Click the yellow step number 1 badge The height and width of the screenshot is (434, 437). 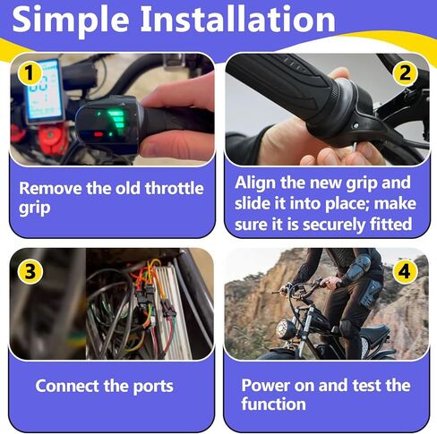point(29,71)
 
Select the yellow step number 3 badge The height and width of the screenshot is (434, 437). point(29,268)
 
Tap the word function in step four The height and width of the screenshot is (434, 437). point(273,404)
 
